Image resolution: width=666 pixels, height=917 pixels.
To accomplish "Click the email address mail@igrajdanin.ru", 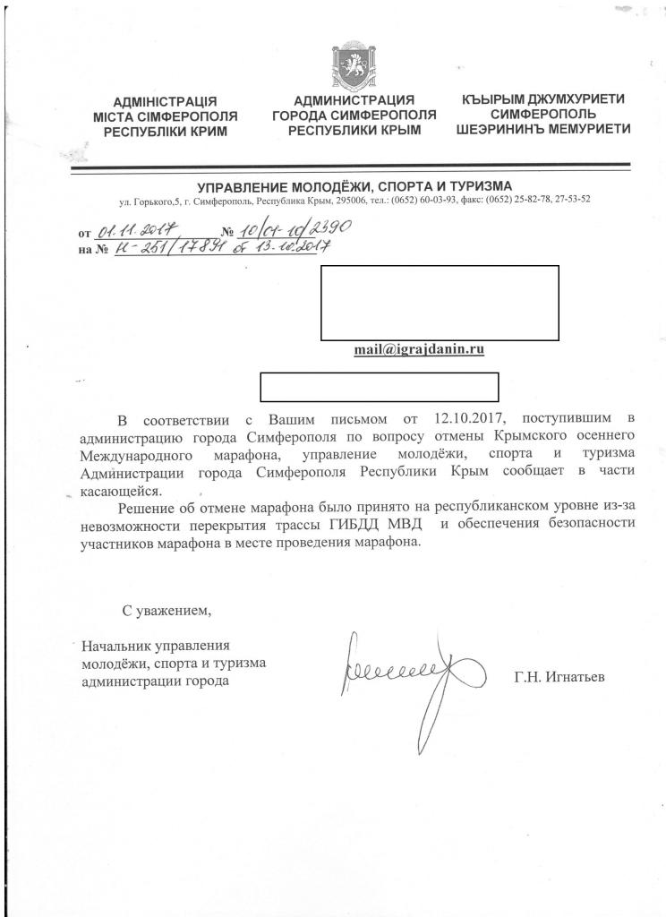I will (x=420, y=350).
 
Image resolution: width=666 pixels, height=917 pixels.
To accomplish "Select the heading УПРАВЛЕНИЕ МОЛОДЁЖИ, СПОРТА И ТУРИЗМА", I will (x=354, y=185).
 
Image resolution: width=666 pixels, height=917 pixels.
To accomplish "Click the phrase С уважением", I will (x=168, y=612).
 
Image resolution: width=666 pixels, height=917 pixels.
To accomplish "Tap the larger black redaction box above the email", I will (x=440, y=303).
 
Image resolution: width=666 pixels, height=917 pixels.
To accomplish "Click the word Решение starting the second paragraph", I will (x=145, y=507).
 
